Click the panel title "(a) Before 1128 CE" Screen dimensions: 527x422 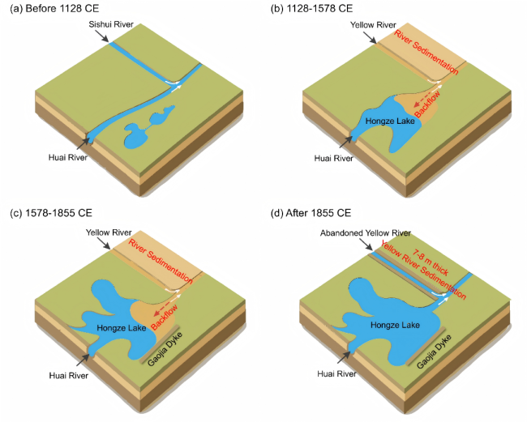(x=54, y=8)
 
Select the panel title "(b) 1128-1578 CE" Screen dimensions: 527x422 (x=311, y=8)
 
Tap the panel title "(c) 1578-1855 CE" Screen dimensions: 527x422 (x=51, y=213)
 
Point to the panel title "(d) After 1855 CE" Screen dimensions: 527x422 (x=311, y=213)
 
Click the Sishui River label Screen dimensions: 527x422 (x=111, y=24)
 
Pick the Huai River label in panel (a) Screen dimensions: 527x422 (x=68, y=157)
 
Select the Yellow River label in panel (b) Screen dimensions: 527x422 (x=373, y=25)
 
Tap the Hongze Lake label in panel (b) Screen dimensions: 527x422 (x=390, y=121)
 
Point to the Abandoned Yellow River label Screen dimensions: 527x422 (x=366, y=233)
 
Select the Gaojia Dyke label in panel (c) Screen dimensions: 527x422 (x=165, y=349)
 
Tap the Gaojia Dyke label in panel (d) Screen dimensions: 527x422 (x=434, y=352)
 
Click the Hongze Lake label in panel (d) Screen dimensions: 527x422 (x=395, y=325)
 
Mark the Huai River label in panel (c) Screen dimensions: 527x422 (x=69, y=375)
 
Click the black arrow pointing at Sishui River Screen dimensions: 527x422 (x=102, y=36)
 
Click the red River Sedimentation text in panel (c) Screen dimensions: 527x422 (x=161, y=262)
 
